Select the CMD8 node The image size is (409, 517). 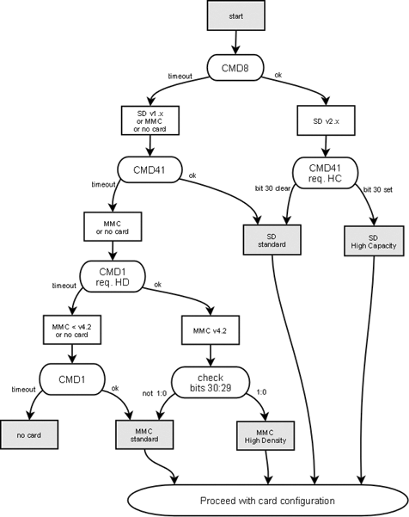pos(235,67)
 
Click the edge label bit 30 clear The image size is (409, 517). pos(271,188)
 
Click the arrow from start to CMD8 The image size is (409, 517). pos(235,43)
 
